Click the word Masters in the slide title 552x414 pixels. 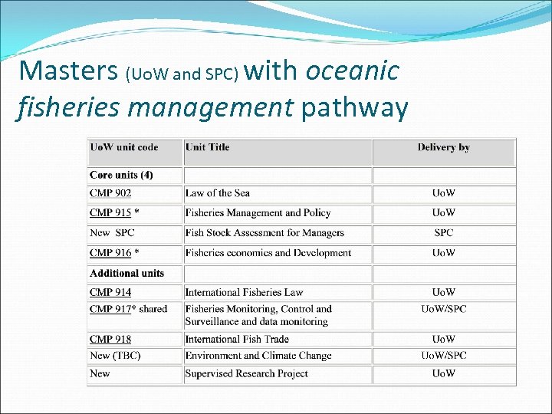(67, 71)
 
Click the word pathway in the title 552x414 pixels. (354, 108)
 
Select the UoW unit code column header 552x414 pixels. (124, 147)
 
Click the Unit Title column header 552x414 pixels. (207, 147)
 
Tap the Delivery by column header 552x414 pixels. (443, 147)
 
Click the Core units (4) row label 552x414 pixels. (121, 175)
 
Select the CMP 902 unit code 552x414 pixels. (110, 193)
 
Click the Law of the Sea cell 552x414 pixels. (218, 193)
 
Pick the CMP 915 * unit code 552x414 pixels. (114, 213)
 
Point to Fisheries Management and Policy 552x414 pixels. (258, 213)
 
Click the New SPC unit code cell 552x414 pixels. (113, 233)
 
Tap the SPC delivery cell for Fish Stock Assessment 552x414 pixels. (443, 233)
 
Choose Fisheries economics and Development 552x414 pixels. (268, 253)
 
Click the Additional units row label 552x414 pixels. (127, 273)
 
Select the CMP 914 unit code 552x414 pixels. (110, 292)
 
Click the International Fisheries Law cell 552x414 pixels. (244, 292)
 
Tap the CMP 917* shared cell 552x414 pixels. (128, 309)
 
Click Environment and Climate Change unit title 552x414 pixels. (258, 356)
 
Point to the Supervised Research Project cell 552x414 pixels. (246, 373)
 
